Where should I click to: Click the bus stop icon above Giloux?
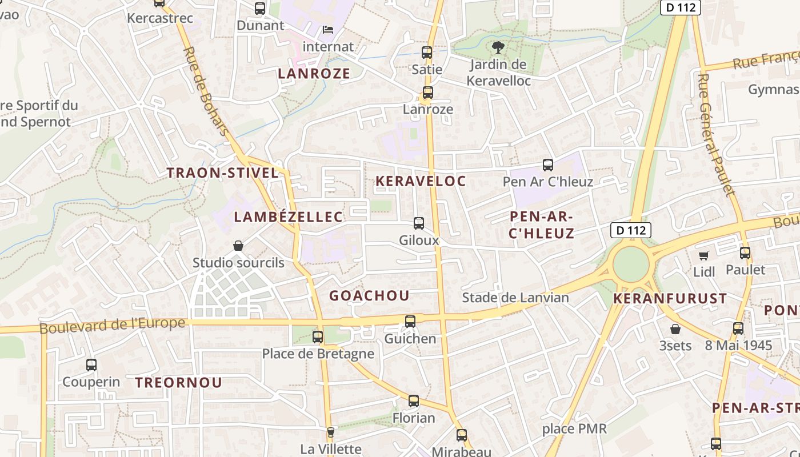(419, 223)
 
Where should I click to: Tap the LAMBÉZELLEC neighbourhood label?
(289, 217)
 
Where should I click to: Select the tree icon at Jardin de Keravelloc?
(498, 47)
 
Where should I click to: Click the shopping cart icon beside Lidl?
(704, 255)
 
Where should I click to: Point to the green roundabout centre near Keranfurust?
(631, 264)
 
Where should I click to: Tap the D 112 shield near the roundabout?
(631, 230)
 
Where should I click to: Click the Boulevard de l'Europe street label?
(113, 325)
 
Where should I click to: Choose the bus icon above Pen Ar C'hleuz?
(548, 165)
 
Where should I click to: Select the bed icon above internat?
(328, 29)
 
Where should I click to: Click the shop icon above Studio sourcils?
(238, 246)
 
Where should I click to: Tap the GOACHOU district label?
(369, 295)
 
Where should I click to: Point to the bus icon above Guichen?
(410, 322)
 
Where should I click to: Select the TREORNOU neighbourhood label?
(178, 383)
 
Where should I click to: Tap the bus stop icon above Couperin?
(91, 364)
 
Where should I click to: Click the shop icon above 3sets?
(675, 329)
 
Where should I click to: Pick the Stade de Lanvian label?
(515, 298)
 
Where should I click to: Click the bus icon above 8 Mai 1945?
(738, 328)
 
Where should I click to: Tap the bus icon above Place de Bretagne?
(318, 337)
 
